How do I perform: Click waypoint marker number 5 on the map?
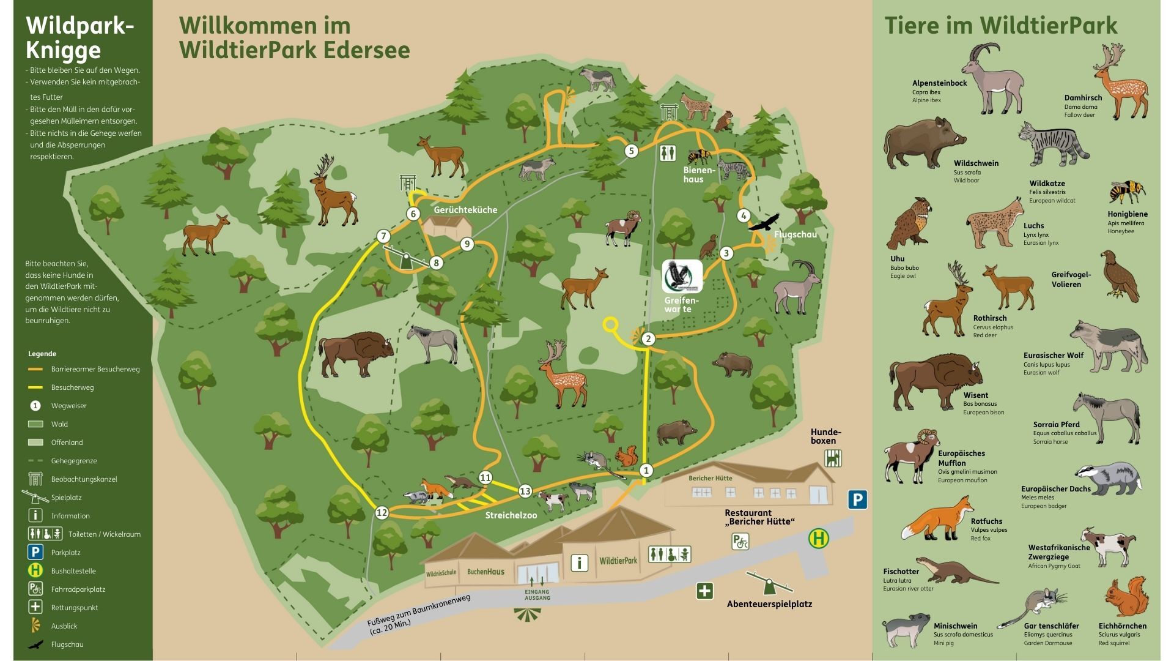click(x=631, y=151)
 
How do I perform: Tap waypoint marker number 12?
click(x=382, y=512)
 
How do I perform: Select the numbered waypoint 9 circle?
click(x=467, y=244)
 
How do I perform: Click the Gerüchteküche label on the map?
click(x=465, y=210)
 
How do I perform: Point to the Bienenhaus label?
click(x=698, y=174)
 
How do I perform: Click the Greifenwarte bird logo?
click(x=682, y=277)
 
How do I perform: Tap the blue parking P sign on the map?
click(x=857, y=499)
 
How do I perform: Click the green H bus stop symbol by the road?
click(x=819, y=539)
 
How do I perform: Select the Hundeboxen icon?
click(x=833, y=458)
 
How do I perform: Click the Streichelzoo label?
click(x=511, y=515)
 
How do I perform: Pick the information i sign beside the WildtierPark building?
click(x=579, y=562)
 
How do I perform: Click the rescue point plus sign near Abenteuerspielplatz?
click(x=704, y=591)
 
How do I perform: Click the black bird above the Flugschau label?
click(x=764, y=223)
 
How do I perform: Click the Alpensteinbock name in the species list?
click(x=939, y=83)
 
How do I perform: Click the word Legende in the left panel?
click(x=42, y=354)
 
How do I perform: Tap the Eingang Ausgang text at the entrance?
click(x=537, y=595)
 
